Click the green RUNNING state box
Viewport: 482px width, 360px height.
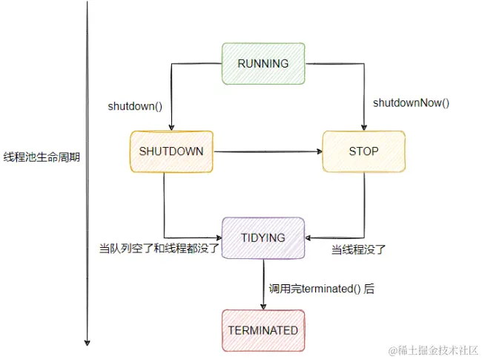pos(263,64)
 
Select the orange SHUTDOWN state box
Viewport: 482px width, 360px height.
pos(171,151)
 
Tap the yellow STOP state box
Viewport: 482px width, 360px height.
pos(363,151)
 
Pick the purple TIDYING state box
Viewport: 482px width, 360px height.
pos(263,238)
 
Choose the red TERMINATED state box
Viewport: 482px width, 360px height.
pos(263,330)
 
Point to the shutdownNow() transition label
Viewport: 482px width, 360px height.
pos(411,102)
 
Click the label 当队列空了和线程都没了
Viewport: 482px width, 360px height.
pos(159,248)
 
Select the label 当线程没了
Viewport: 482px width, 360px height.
pos(358,249)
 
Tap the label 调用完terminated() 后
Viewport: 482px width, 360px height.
pos(321,289)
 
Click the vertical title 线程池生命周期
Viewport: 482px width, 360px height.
pos(42,157)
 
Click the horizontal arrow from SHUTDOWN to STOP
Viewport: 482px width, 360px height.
pos(267,152)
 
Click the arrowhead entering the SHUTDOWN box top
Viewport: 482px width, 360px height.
pos(171,126)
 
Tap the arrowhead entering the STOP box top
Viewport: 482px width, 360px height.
pos(364,126)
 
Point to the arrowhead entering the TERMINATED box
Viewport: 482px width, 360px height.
pos(263,305)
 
